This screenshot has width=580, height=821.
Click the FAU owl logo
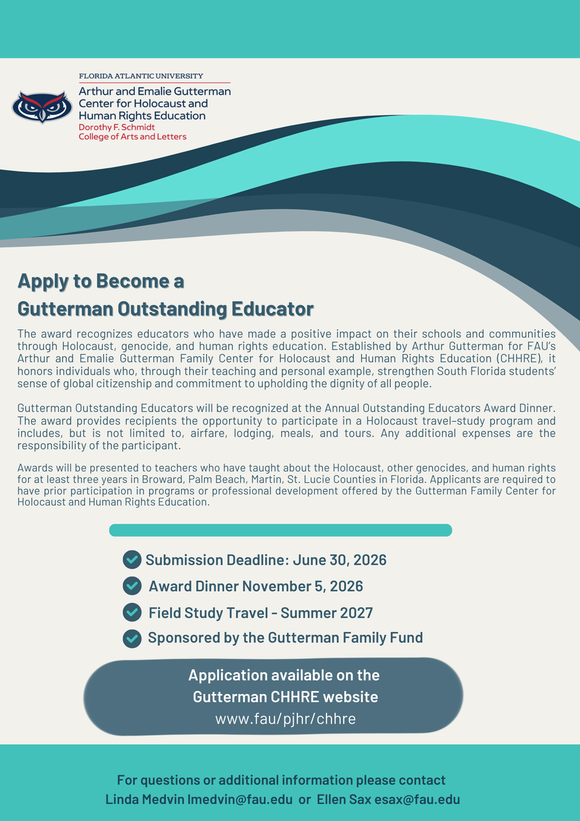(42, 107)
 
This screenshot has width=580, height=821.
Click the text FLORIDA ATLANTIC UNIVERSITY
(141, 76)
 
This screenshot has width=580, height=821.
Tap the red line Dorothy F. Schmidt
(117, 127)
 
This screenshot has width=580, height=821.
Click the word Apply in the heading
(43, 281)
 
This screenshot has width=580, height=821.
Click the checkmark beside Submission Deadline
(132, 560)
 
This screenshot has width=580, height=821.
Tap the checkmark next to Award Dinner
(132, 586)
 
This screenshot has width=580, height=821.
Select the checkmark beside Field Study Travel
(132, 612)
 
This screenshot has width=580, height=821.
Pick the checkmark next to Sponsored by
(132, 638)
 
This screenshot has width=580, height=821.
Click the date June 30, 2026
(339, 560)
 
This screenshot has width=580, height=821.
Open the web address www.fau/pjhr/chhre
(285, 719)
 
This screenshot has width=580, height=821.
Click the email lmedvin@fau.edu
(240, 800)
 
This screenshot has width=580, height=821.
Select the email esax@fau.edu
(417, 800)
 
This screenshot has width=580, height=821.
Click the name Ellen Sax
(344, 800)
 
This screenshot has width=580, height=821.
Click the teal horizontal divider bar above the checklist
(280, 530)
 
